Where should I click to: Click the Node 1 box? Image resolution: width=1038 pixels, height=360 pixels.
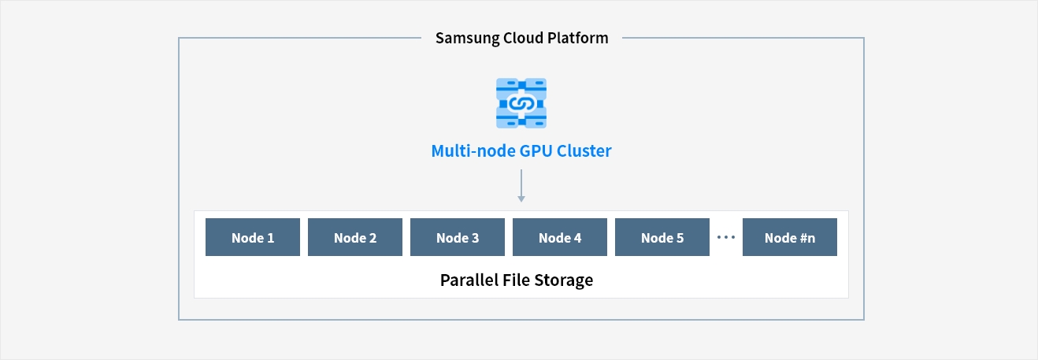point(253,237)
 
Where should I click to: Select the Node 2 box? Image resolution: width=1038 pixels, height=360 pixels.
point(355,237)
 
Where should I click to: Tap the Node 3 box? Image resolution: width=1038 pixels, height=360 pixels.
point(458,237)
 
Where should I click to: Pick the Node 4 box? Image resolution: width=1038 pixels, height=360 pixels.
point(560,237)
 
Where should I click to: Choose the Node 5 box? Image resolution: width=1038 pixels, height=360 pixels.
point(662,237)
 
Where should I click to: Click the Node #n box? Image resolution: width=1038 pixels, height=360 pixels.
point(790,237)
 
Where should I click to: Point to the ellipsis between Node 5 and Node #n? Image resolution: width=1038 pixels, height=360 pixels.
point(725,237)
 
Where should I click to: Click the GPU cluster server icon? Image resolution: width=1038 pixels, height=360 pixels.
point(521,103)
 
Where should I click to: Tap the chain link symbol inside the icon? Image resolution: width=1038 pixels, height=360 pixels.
point(521,103)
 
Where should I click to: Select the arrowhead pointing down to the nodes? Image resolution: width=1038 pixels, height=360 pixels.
point(521,199)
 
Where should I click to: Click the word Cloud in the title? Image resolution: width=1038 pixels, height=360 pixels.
point(523,38)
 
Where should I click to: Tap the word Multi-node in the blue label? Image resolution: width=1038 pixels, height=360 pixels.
point(473,151)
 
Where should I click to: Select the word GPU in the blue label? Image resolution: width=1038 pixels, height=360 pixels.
point(536,151)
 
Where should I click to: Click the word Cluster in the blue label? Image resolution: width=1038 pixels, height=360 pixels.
point(584,151)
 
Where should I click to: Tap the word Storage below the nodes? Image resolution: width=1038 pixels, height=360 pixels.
point(563,280)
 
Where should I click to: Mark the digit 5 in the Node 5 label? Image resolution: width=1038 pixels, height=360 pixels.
point(680,238)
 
